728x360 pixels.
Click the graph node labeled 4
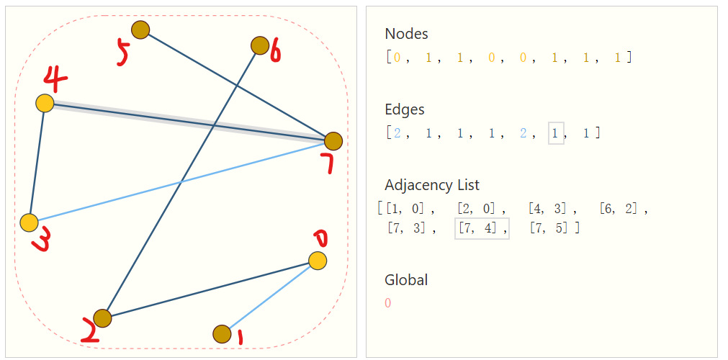[45, 103]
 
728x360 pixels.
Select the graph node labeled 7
[333, 141]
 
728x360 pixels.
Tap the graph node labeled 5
[140, 30]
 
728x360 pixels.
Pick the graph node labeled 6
[260, 45]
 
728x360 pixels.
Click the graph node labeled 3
[29, 222]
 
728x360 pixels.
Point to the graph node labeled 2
[102, 318]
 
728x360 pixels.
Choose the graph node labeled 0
[318, 260]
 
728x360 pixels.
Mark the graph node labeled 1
[222, 334]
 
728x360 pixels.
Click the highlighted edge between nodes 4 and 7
[187, 122]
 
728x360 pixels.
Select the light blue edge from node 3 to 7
[180, 182]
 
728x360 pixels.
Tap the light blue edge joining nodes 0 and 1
[270, 297]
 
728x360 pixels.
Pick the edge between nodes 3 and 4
[37, 163]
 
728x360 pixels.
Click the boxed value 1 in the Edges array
[555, 133]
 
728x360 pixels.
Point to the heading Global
[406, 279]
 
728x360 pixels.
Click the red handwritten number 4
[55, 77]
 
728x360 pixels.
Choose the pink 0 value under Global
[388, 303]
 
